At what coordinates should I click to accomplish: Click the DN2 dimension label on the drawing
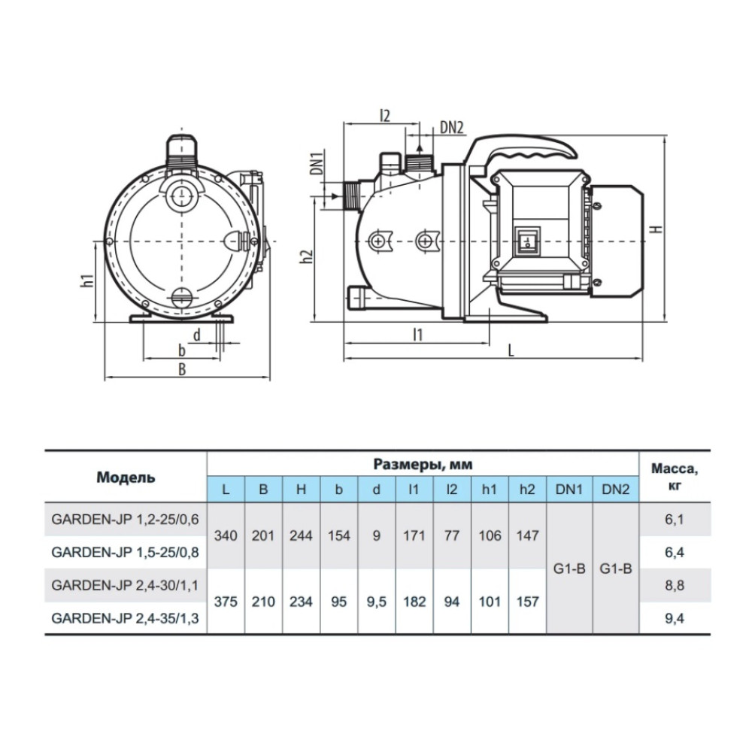[452, 128]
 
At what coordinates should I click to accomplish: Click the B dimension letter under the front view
[182, 368]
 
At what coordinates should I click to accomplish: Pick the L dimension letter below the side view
[511, 350]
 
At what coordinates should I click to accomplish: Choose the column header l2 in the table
[452, 490]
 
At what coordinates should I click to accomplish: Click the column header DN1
[569, 490]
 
